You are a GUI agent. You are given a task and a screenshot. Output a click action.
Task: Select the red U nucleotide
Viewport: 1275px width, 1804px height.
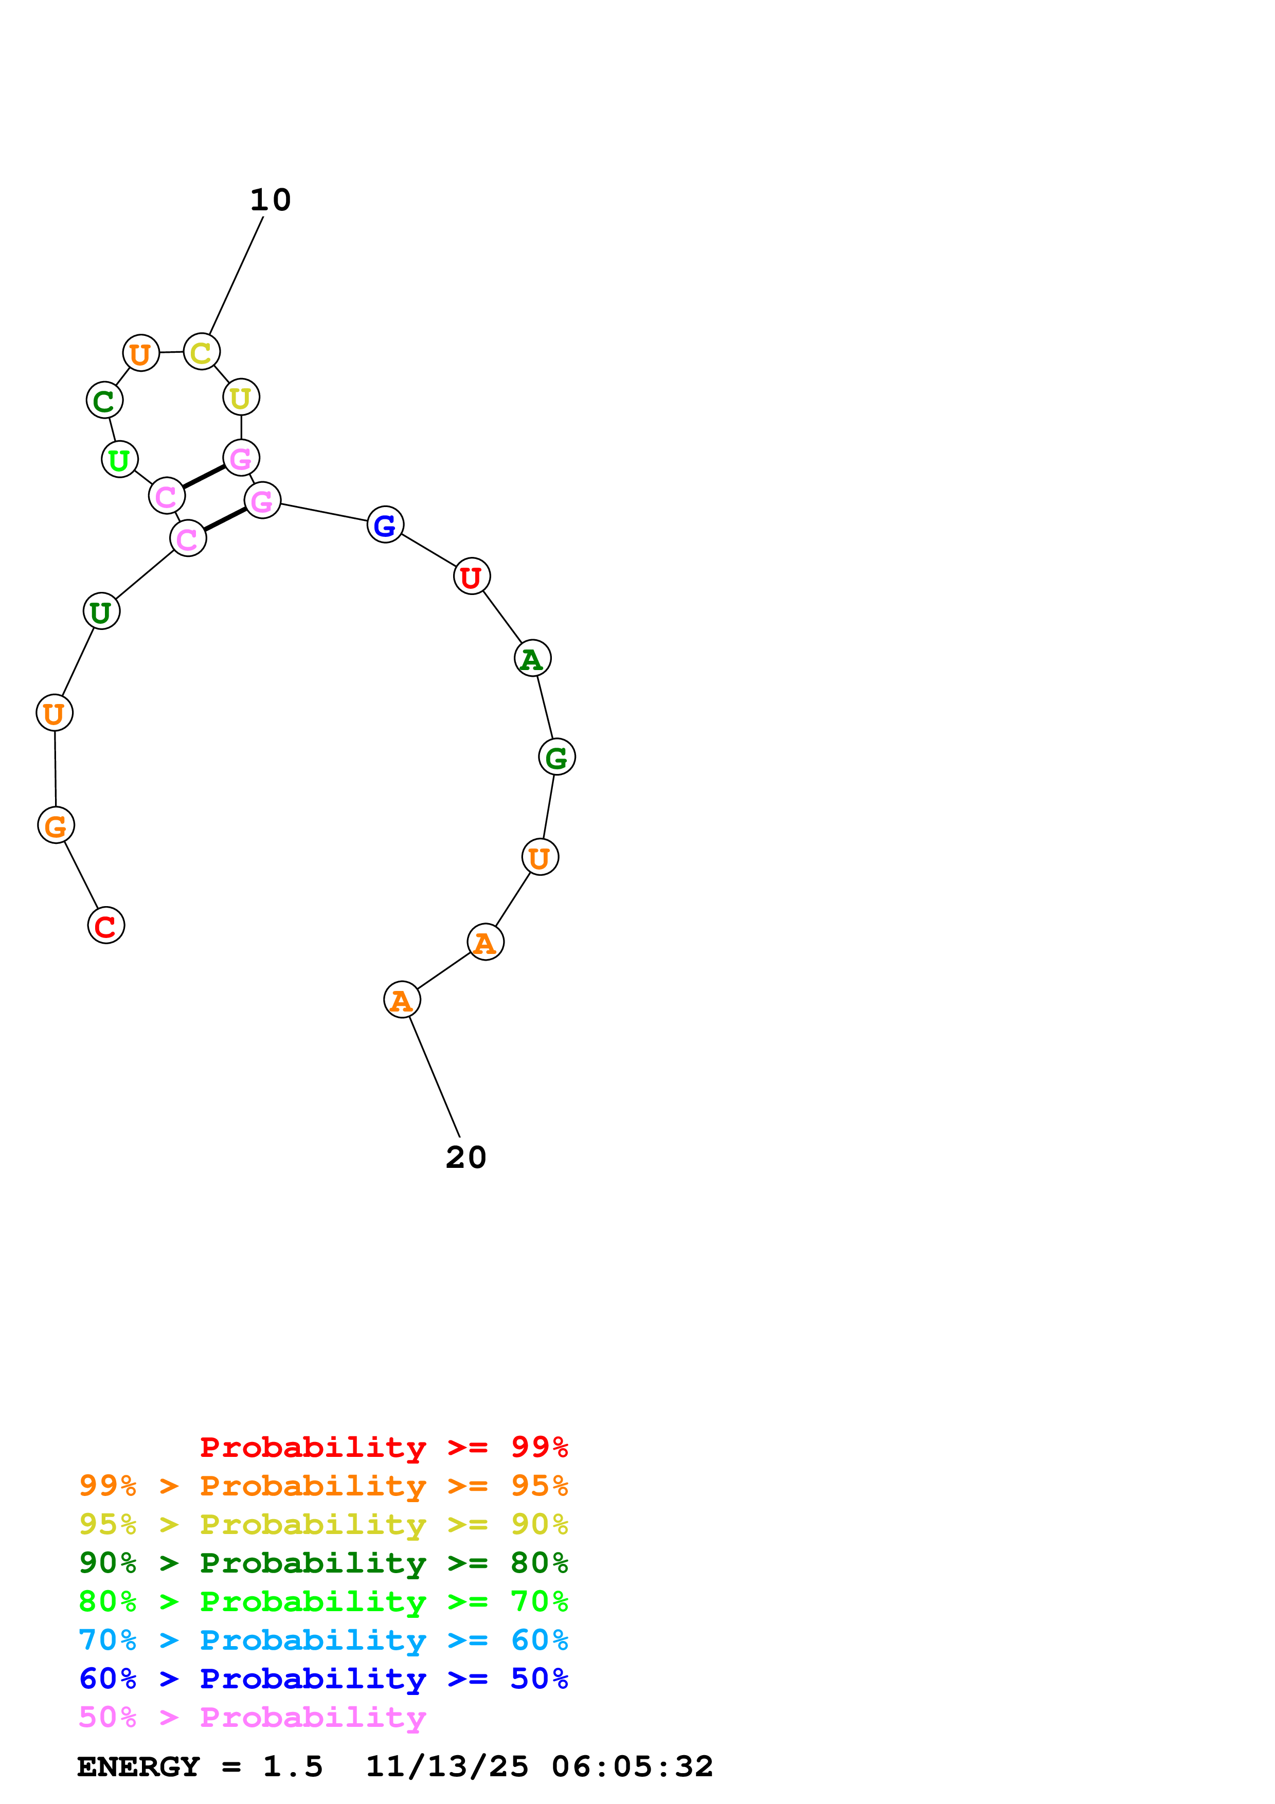[471, 576]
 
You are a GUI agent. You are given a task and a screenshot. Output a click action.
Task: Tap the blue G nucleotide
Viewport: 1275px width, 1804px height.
[385, 525]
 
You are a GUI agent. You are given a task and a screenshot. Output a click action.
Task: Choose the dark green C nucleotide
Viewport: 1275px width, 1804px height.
[104, 401]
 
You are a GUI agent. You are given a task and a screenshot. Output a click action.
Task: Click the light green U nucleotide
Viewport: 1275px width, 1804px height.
[119, 460]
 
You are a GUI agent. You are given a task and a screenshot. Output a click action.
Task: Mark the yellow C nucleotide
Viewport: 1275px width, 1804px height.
[201, 352]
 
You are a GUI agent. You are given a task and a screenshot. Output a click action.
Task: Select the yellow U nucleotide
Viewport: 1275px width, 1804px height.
[241, 398]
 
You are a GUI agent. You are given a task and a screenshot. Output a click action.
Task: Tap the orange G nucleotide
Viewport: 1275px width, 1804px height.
[56, 825]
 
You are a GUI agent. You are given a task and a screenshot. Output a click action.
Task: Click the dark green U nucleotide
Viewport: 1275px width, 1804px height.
[101, 611]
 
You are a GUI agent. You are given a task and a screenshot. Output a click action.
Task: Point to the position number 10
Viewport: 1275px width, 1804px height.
[270, 201]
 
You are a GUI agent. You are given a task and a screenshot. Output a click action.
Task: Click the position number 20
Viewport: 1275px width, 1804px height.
[466, 1158]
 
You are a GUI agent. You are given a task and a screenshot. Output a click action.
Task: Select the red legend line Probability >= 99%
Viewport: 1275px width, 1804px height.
[383, 1447]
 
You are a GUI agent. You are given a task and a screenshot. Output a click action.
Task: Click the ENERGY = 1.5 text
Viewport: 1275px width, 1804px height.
[200, 1767]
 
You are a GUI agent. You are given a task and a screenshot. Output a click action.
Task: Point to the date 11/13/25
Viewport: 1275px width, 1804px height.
[447, 1767]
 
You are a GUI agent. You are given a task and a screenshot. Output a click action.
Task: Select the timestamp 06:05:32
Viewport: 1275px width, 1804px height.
[633, 1767]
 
